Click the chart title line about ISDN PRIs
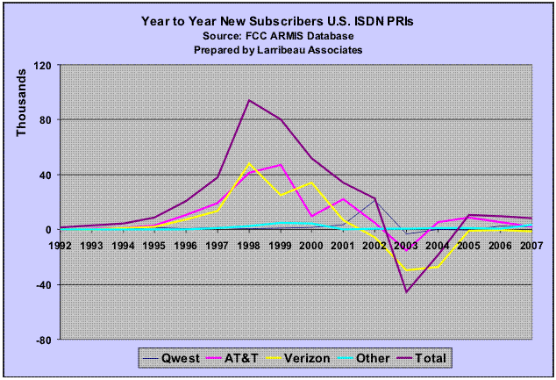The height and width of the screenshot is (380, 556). click(x=278, y=18)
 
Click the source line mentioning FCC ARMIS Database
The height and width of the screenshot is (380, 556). click(x=278, y=34)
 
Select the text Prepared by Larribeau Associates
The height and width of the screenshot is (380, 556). click(x=278, y=50)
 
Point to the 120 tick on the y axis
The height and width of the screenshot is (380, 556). click(x=43, y=65)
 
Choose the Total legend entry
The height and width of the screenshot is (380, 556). click(x=446, y=357)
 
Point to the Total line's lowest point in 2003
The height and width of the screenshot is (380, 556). click(x=406, y=291)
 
